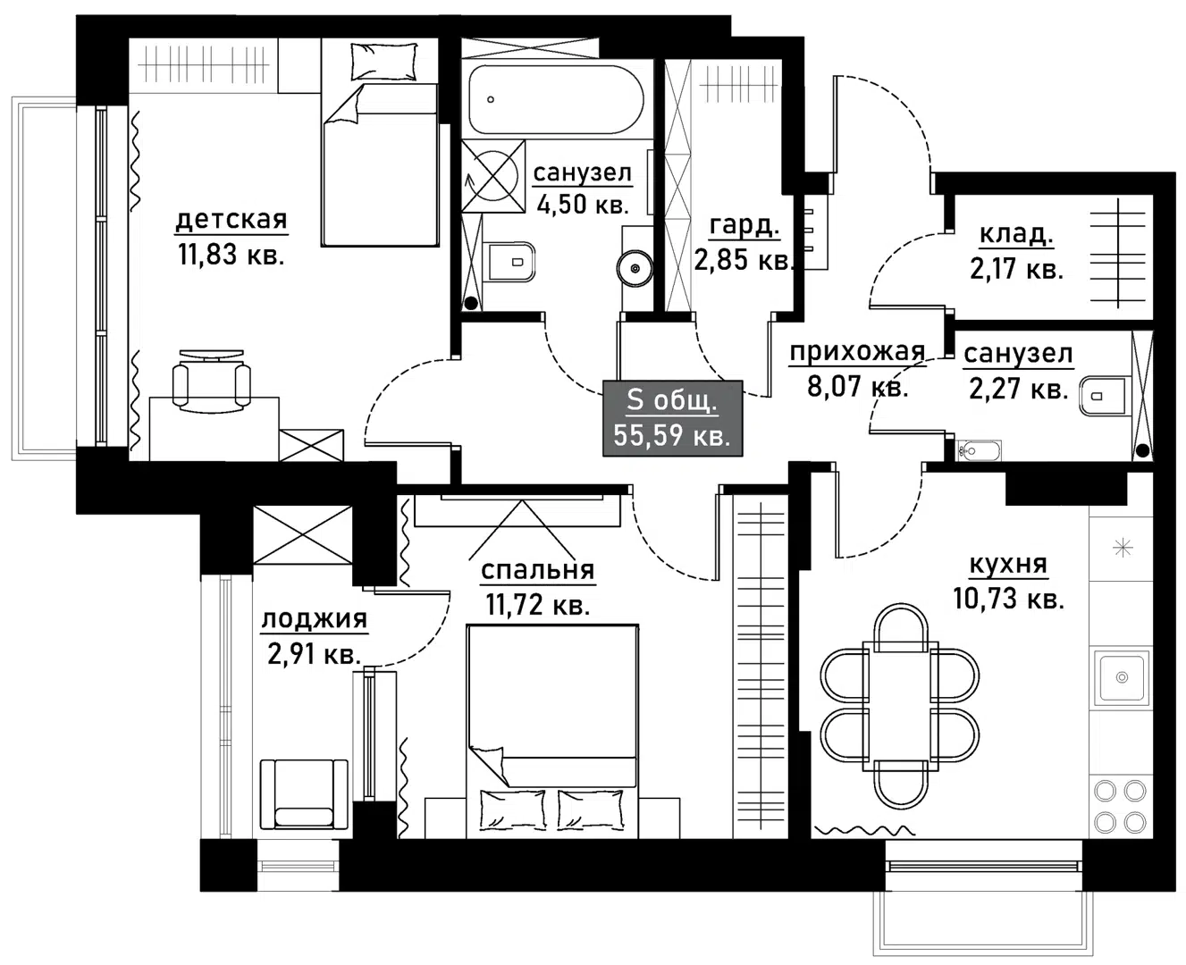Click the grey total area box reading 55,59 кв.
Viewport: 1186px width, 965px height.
tap(672, 417)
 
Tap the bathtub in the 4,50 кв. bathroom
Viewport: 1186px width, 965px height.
tap(554, 99)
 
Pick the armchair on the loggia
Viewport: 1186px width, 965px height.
tap(303, 793)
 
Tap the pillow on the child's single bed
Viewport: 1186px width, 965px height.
tap(384, 61)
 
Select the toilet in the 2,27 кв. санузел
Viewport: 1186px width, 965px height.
tap(1105, 396)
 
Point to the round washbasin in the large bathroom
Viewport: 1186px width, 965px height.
tap(635, 267)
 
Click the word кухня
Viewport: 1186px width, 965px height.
tap(1007, 565)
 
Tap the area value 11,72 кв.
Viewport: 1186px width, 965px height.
tap(537, 605)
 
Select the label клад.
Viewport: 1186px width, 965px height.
tap(1016, 234)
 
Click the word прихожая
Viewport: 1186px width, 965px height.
tap(856, 352)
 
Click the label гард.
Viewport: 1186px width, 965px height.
tap(744, 225)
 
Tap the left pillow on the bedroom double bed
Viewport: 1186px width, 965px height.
tap(513, 810)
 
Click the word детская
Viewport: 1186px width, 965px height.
tap(231, 219)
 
